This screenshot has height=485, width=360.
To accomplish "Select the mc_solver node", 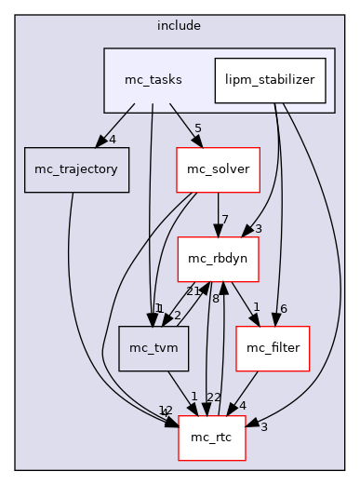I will coord(216,169).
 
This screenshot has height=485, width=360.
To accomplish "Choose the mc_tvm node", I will coord(153,347).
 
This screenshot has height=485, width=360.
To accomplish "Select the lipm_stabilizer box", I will coord(270,80).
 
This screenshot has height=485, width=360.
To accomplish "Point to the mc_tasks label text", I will coord(153,80).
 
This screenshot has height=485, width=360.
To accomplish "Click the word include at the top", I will coord(179,24).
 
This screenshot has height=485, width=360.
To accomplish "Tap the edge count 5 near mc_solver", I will coord(198,129).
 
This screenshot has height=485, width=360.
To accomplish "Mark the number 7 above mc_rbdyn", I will coord(225,219).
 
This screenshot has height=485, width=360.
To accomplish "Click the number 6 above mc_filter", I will coord(284,308).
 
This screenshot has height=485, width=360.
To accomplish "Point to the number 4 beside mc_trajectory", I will coord(113,141).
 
